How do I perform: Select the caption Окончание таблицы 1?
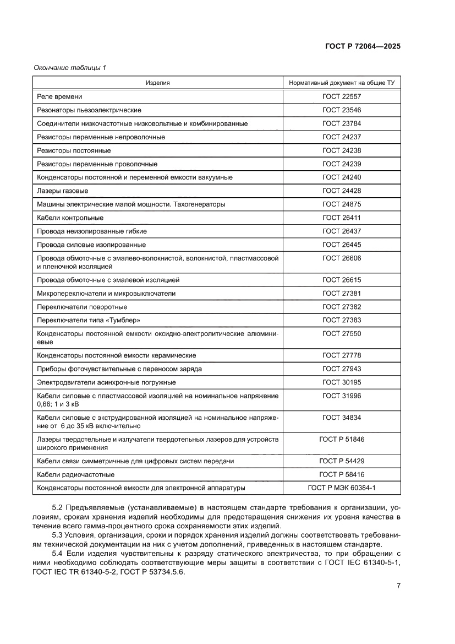click(70, 68)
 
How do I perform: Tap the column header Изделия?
click(158, 83)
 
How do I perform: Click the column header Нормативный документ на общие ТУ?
click(342, 83)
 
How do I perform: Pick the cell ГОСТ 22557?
click(342, 96)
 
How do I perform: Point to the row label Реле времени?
click(59, 96)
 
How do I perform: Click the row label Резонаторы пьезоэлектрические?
click(89, 110)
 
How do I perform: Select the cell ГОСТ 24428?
click(342, 191)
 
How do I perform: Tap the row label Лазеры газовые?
click(63, 191)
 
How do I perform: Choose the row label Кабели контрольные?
click(70, 218)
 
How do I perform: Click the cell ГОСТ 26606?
click(342, 258)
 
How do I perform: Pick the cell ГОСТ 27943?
click(342, 369)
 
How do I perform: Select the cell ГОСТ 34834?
click(342, 418)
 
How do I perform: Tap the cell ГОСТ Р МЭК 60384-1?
click(342, 488)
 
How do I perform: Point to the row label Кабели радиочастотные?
click(75, 474)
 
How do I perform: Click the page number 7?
click(398, 586)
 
